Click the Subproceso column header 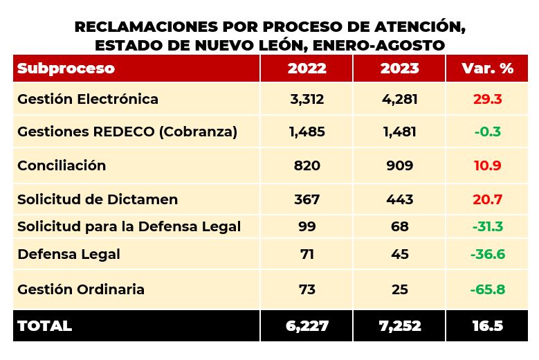click(x=66, y=69)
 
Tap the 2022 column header click(x=307, y=69)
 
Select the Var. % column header click(x=488, y=69)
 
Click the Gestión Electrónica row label click(x=88, y=99)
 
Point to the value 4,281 click(x=400, y=99)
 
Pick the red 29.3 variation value click(x=488, y=99)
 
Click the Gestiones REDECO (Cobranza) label click(x=127, y=132)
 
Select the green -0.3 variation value click(x=488, y=132)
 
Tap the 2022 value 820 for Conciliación click(x=307, y=165)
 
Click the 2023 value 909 click(x=400, y=165)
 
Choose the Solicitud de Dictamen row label click(x=98, y=199)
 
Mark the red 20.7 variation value click(x=488, y=199)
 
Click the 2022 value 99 click(x=307, y=226)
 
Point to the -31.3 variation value click(x=488, y=226)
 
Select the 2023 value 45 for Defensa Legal click(x=400, y=254)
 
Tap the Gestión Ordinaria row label click(x=81, y=289)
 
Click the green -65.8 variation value click(x=488, y=289)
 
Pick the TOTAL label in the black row click(x=44, y=326)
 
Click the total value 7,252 click(x=400, y=326)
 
